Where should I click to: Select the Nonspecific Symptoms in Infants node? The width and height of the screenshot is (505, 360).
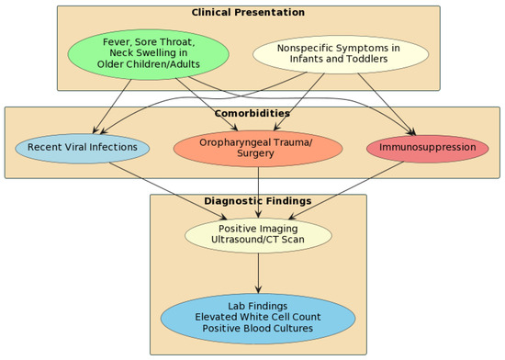(x=340, y=53)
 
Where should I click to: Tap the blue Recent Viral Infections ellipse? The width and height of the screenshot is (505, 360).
(x=83, y=147)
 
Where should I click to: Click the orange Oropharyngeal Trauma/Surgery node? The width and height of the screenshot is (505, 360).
(x=258, y=147)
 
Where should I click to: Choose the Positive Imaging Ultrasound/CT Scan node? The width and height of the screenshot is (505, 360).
(x=258, y=234)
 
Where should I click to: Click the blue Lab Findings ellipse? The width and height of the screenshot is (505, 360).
(x=258, y=317)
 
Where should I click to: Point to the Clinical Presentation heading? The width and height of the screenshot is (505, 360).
(x=248, y=13)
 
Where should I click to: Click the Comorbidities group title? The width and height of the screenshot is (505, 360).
(x=252, y=114)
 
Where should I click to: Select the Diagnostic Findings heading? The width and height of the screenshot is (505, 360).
(x=258, y=201)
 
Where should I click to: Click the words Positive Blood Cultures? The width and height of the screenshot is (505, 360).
(x=258, y=329)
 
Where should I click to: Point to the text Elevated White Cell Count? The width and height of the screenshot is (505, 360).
(x=258, y=317)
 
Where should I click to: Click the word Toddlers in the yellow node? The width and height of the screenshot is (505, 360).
(x=363, y=60)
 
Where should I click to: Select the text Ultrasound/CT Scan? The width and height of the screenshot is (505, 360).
(x=258, y=241)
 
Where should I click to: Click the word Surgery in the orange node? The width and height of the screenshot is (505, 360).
(x=258, y=153)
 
